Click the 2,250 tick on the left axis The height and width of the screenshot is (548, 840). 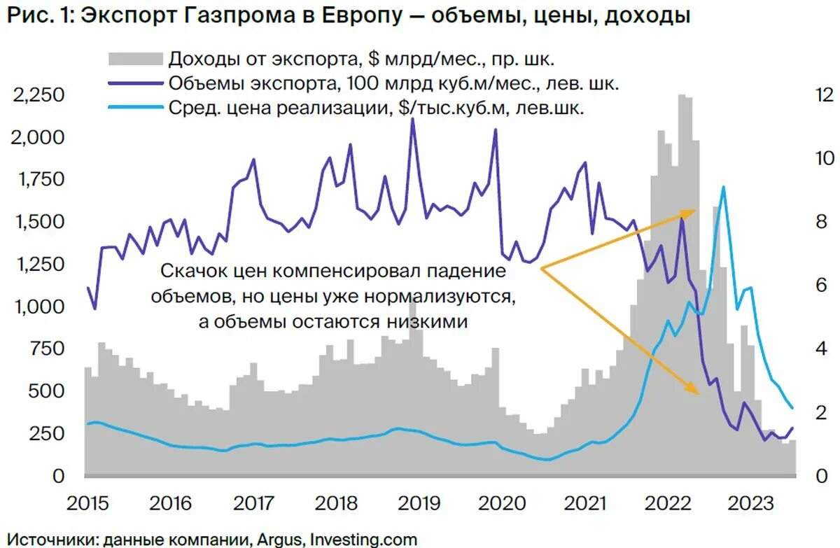pyautogui.click(x=39, y=95)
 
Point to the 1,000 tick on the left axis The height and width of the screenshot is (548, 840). pyautogui.click(x=39, y=307)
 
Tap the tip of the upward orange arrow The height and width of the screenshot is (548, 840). pyautogui.click(x=695, y=210)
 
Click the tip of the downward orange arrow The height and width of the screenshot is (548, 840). pyautogui.click(x=698, y=393)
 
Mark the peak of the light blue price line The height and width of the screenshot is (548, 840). pyautogui.click(x=723, y=187)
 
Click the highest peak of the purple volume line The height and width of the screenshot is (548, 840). pyautogui.click(x=412, y=119)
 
